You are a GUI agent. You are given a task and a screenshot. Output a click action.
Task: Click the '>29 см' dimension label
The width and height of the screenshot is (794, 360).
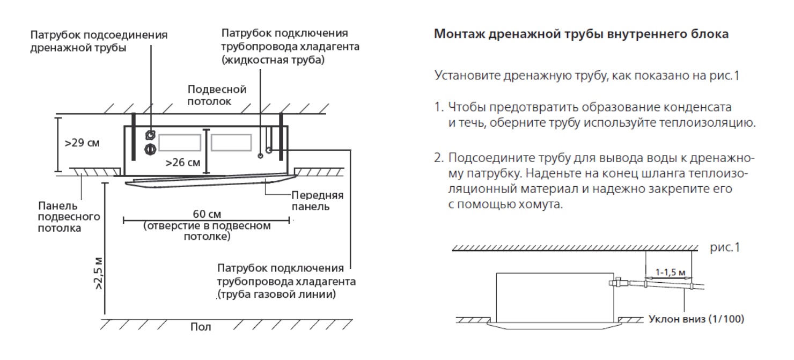(82, 143)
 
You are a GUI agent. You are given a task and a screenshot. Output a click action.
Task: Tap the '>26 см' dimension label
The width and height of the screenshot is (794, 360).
(182, 163)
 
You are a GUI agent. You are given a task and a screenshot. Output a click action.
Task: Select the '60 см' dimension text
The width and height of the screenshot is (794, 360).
(207, 214)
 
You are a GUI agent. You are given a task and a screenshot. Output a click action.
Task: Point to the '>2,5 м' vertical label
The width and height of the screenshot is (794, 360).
(99, 273)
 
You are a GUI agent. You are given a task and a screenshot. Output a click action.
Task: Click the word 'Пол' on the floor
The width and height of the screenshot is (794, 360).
(201, 327)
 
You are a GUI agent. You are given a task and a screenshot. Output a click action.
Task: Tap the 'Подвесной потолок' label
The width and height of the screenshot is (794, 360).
(217, 95)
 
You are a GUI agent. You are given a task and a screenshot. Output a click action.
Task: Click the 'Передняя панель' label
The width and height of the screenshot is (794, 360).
(318, 201)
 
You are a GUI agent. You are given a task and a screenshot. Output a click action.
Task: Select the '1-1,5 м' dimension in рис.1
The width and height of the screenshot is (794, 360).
(670, 272)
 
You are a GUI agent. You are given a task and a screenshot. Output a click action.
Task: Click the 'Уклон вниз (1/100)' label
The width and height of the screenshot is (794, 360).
(696, 319)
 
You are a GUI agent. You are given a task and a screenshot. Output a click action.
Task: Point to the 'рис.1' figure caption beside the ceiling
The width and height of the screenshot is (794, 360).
(725, 247)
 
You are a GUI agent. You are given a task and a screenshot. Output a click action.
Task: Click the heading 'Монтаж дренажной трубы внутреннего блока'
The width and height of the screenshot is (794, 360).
(582, 34)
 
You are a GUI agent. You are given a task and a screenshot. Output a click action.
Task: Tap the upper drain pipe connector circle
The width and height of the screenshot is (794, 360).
(150, 135)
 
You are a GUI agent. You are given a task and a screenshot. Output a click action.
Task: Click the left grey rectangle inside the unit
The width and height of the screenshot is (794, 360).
(180, 143)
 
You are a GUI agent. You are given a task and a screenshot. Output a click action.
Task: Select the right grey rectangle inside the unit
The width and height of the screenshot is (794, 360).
(231, 142)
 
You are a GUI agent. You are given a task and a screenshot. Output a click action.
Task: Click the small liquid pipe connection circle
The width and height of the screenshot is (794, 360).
(261, 156)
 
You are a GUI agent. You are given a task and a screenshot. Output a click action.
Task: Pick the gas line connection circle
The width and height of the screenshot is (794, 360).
(269, 150)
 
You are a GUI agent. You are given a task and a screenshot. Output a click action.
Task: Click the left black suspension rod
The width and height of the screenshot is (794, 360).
(133, 137)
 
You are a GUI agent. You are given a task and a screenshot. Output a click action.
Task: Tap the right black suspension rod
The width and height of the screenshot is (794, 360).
(281, 137)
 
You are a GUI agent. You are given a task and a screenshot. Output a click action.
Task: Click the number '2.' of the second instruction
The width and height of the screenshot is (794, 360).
(439, 158)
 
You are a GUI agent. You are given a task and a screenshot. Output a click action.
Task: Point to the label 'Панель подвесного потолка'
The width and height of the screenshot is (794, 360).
(69, 217)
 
